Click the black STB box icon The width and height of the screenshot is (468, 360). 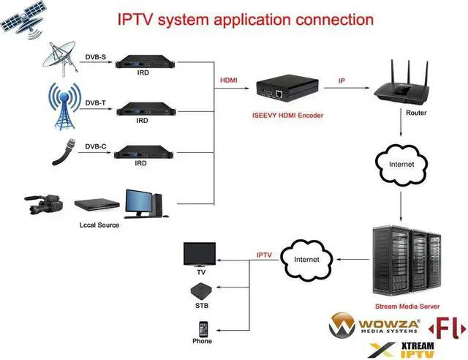(x=200, y=289)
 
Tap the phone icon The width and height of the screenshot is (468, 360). (x=202, y=327)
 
